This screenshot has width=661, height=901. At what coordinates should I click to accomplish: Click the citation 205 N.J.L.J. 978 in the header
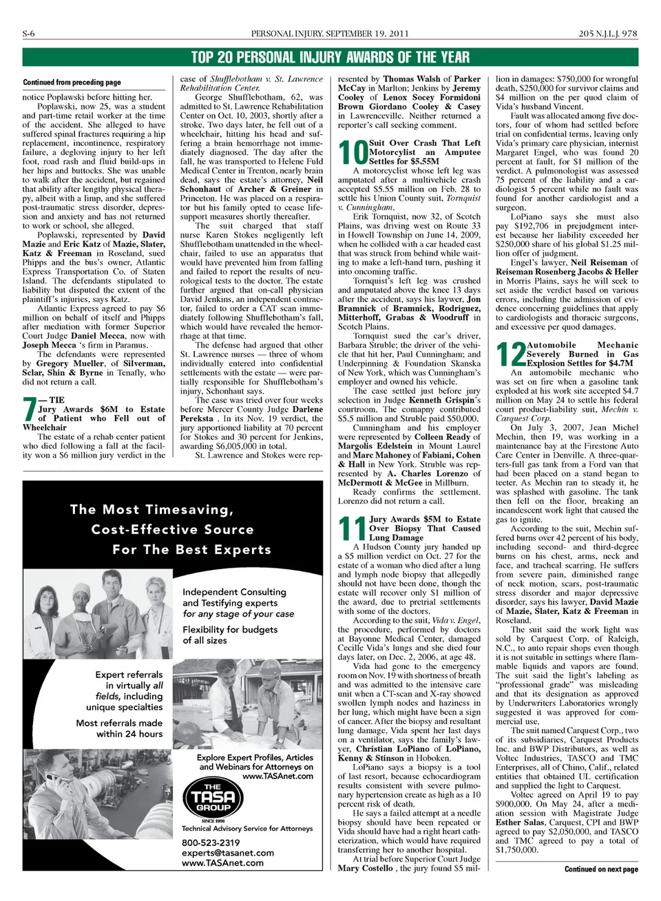pos(608,34)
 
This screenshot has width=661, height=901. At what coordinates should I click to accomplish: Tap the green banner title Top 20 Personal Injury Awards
pos(330,57)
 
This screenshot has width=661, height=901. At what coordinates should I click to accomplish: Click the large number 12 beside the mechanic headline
pos(510,354)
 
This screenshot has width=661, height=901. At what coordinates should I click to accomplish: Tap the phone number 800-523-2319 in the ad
pos(211,842)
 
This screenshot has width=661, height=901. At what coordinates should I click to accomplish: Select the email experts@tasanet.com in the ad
pos(227,853)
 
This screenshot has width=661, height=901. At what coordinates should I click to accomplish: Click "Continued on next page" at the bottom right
pos(601,869)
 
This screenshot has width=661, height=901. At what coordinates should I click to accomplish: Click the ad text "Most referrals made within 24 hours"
pos(119,728)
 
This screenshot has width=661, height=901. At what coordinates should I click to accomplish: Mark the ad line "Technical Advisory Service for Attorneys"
pos(246,829)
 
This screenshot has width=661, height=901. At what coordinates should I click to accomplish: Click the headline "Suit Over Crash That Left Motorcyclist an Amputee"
pos(424,152)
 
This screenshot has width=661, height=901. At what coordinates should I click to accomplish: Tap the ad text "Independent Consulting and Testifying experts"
pos(234,597)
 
